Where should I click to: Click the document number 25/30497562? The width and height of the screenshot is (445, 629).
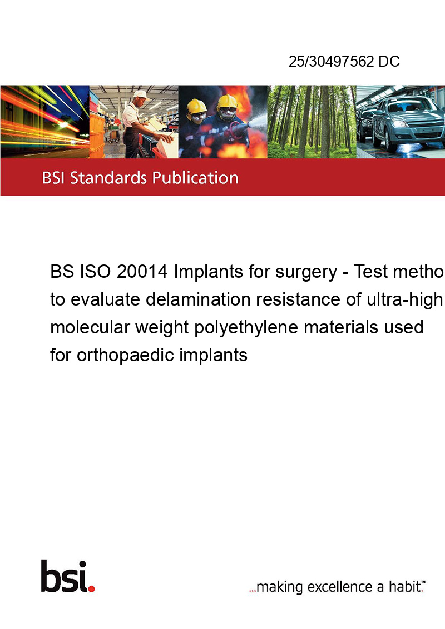[332, 61]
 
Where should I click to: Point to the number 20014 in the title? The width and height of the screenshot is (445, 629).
[142, 272]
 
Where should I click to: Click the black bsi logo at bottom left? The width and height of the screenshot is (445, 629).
[64, 576]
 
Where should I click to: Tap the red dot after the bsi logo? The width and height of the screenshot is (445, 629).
[91, 588]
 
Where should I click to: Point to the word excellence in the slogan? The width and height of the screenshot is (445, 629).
[340, 587]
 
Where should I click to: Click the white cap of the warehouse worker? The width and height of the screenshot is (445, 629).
[141, 94]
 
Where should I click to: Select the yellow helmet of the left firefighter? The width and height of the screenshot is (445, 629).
[196, 106]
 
